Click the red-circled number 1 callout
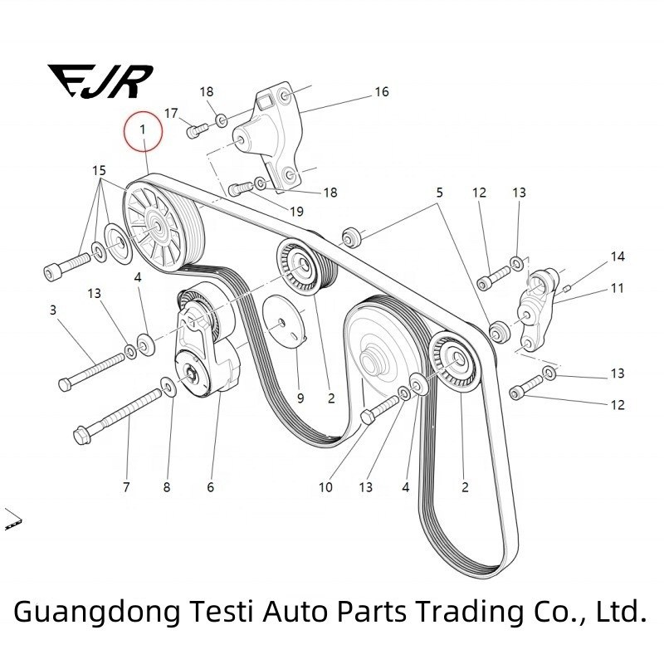(143, 130)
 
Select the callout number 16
(381, 92)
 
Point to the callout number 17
(171, 113)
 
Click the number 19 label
(296, 212)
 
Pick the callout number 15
(99, 171)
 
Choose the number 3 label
(53, 310)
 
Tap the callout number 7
(126, 487)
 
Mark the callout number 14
(618, 257)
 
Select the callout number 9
(300, 398)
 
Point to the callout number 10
(325, 487)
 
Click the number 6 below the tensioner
(211, 487)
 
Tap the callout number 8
(167, 487)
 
